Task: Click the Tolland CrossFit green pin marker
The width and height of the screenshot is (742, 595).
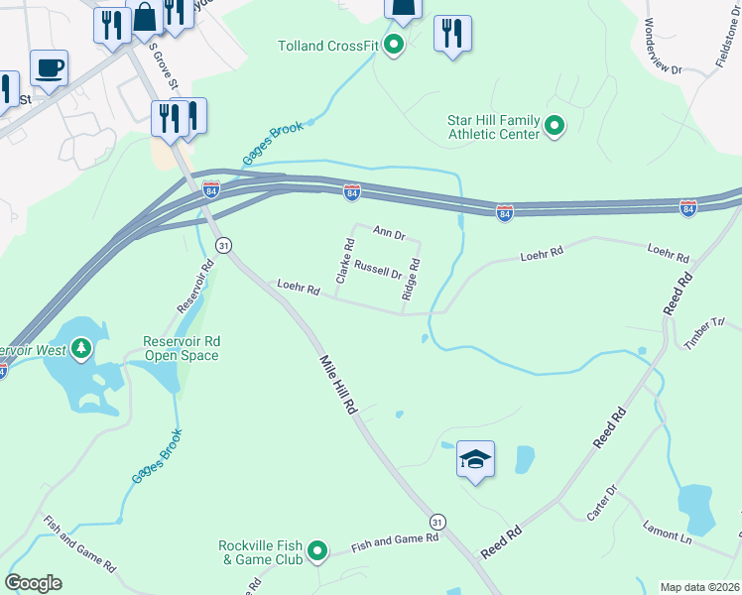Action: [393, 45]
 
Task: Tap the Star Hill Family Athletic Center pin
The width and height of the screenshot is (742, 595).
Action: [555, 126]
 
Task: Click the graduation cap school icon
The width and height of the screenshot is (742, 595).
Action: [475, 459]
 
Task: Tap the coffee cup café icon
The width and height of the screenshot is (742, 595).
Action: [49, 67]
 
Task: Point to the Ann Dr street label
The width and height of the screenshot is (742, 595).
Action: [390, 232]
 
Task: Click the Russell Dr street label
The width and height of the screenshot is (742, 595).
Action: [378, 270]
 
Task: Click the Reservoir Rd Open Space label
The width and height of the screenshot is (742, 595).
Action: [182, 348]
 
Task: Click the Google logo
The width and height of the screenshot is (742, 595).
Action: [33, 582]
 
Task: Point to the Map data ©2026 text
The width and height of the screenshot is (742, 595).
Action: [699, 587]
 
